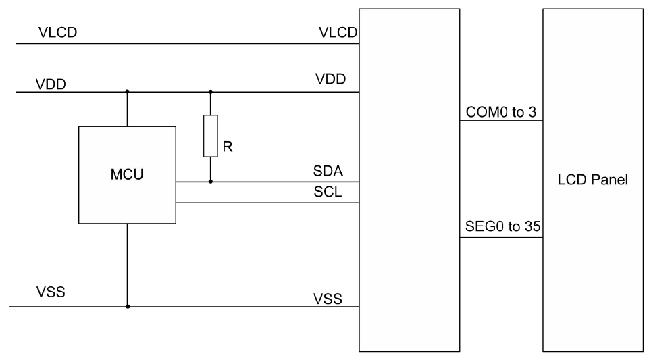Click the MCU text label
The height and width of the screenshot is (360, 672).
click(127, 175)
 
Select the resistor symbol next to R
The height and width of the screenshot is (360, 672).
click(211, 136)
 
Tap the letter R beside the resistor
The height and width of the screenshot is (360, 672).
click(228, 148)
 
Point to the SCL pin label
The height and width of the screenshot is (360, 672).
click(328, 192)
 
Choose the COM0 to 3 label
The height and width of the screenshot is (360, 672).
click(501, 112)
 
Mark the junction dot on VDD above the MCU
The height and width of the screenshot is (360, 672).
click(127, 92)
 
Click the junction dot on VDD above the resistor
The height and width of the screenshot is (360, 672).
click(211, 92)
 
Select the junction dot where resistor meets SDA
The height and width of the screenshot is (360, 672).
click(211, 182)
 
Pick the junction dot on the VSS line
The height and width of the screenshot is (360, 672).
click(127, 306)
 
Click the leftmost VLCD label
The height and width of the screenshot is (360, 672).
click(56, 34)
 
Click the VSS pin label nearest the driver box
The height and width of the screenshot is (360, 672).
click(328, 297)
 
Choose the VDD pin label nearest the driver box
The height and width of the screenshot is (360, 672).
click(330, 79)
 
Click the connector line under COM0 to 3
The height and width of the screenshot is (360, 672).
click(501, 121)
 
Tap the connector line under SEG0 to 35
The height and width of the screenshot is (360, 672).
click(501, 237)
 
